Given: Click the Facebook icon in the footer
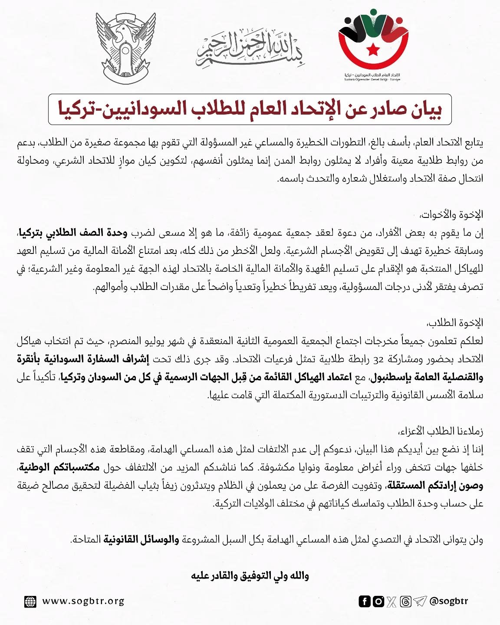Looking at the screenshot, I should click(365, 602).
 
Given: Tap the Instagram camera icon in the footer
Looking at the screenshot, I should click(378, 602).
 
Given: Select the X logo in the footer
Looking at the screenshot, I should click(392, 602).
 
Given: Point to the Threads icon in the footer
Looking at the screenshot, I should click(406, 602).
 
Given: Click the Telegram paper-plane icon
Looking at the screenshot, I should click(420, 602).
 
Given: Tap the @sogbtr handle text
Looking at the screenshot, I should click(449, 602).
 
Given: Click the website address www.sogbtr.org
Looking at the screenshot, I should click(83, 602).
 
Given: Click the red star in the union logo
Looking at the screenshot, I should click(373, 49).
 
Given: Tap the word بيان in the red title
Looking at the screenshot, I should click(425, 109).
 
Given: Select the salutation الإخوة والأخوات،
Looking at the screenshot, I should click(451, 214).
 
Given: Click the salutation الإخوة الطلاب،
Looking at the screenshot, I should click(455, 323).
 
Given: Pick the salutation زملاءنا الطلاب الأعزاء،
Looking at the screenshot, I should click(441, 431).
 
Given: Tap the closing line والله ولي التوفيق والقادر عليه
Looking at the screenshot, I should click(250, 576).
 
